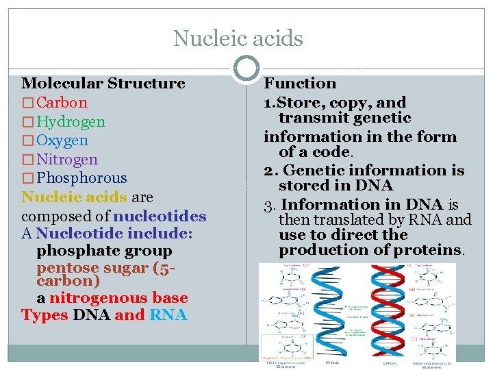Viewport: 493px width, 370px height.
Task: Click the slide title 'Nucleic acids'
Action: click(238, 38)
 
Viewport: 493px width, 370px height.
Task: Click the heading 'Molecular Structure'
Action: click(103, 84)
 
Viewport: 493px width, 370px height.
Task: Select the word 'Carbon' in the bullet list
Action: click(62, 103)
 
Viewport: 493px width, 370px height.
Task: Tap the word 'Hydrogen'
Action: click(71, 122)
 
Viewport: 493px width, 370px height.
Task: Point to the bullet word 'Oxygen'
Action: click(62, 140)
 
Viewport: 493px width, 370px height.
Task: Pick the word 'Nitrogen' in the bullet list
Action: click(67, 160)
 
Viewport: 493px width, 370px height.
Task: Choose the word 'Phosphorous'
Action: click(81, 178)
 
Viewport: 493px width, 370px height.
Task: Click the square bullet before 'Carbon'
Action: click(27, 103)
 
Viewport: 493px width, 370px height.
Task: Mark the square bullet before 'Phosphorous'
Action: click(27, 179)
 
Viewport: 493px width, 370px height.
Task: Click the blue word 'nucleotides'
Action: click(160, 217)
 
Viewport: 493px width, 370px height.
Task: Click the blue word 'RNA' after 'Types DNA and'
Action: click(168, 315)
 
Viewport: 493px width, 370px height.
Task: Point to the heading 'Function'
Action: click(300, 84)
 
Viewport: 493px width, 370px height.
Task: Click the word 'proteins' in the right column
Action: click(428, 250)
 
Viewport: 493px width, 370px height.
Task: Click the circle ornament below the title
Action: click(246, 69)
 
